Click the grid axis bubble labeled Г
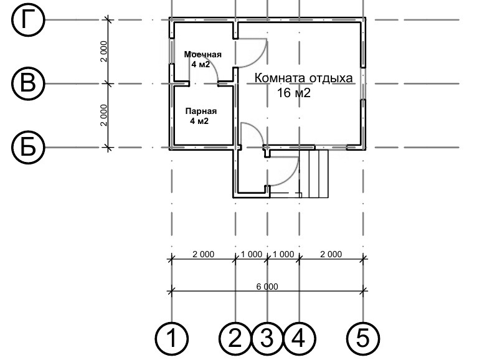click(28, 21)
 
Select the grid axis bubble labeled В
click(28, 83)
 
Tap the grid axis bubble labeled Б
click(28, 147)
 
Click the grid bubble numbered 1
click(171, 339)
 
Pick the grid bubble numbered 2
click(235, 339)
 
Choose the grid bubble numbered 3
click(267, 339)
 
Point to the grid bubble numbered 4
click(299, 339)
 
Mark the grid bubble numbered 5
click(363, 339)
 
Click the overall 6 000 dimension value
click(267, 287)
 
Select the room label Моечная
click(202, 54)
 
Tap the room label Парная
click(201, 111)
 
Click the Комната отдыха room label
click(303, 78)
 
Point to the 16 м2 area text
click(294, 93)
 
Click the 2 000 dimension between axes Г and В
click(104, 52)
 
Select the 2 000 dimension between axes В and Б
click(104, 115)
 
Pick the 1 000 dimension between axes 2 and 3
click(252, 254)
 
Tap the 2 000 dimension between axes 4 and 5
click(331, 254)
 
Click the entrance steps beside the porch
click(314, 173)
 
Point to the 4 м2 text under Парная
click(199, 121)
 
